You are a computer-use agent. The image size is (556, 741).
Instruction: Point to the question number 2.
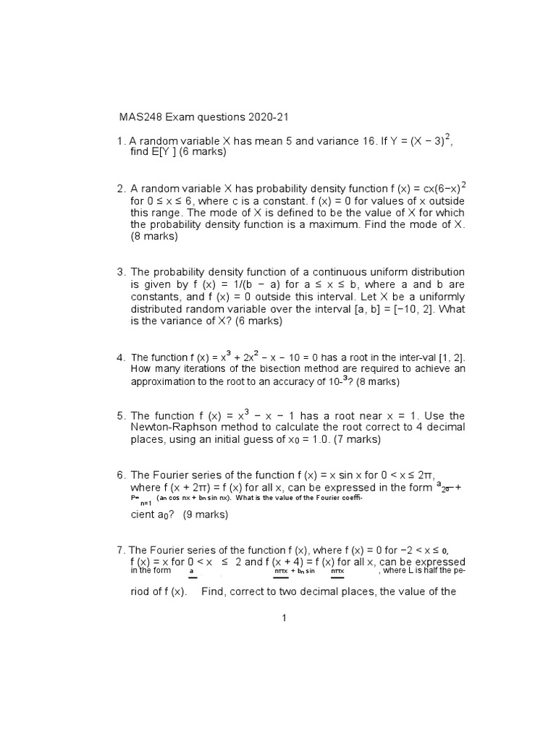(x=121, y=189)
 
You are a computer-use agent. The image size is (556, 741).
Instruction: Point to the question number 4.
(x=121, y=357)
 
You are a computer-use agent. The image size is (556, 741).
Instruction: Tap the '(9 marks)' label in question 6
(x=206, y=515)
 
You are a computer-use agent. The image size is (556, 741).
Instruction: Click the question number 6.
(x=121, y=475)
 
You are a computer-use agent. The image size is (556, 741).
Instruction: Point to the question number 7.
(x=121, y=551)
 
